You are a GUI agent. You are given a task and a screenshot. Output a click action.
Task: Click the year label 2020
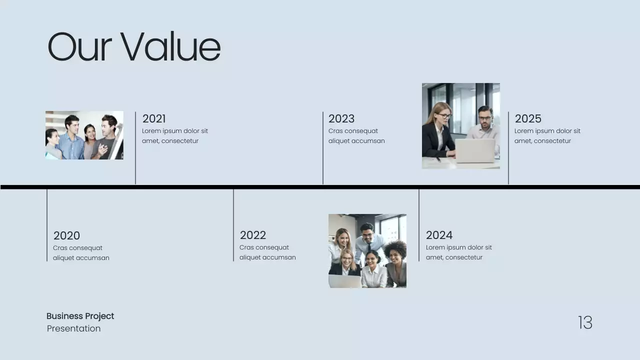click(x=66, y=235)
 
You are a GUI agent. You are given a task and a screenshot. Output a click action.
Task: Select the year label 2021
click(x=154, y=118)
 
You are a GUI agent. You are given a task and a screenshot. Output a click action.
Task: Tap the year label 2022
click(x=252, y=235)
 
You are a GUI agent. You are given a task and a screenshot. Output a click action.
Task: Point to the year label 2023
click(x=341, y=118)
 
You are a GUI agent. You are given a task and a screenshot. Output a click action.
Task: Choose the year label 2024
click(x=439, y=235)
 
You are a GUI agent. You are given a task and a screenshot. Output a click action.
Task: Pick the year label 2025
click(x=528, y=118)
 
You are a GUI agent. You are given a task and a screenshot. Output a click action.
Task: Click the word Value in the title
click(x=170, y=47)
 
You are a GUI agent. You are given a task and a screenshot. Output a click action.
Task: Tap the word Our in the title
click(x=79, y=47)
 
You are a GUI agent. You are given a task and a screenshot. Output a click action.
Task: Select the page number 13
click(x=585, y=322)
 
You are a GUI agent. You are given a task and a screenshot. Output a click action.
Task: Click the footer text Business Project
click(x=80, y=316)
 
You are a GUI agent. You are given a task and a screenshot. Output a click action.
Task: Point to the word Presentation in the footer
click(x=73, y=328)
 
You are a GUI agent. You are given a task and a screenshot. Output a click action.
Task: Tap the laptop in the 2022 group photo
click(x=344, y=281)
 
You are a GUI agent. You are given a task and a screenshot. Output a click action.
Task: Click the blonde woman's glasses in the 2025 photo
click(x=444, y=115)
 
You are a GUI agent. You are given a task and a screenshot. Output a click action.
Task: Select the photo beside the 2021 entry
click(x=84, y=135)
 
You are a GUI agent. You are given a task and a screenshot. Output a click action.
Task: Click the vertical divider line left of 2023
click(x=323, y=147)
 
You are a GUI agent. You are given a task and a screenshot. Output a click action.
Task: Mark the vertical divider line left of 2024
click(x=419, y=225)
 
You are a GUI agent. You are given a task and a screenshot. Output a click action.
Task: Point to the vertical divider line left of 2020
click(x=47, y=225)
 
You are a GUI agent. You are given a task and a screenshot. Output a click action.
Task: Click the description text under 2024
click(x=458, y=252)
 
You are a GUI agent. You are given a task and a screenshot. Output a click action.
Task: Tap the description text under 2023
click(x=356, y=136)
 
